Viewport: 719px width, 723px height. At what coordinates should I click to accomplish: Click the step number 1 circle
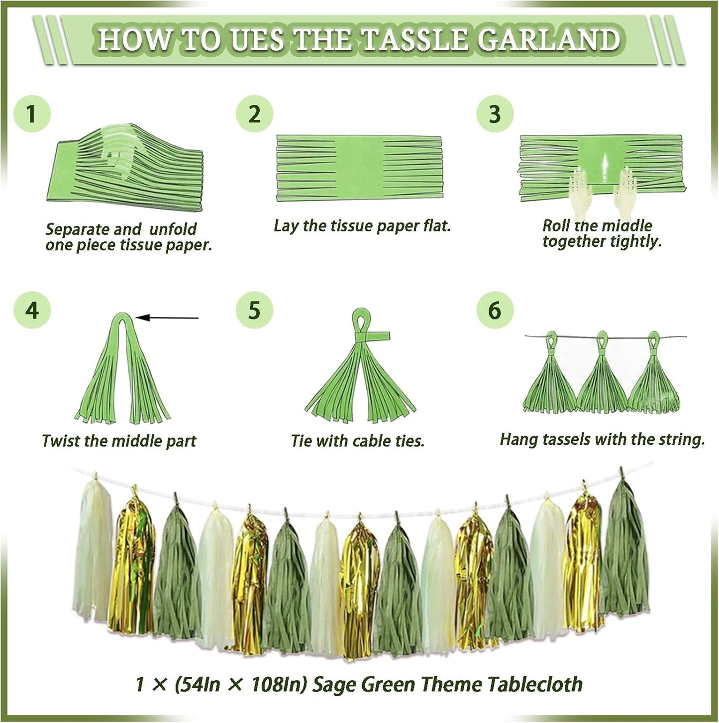click(x=32, y=113)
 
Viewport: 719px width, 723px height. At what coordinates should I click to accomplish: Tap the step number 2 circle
click(x=254, y=113)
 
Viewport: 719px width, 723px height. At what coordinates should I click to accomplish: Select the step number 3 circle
click(x=495, y=113)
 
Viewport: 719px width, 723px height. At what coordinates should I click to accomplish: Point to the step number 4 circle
click(x=32, y=310)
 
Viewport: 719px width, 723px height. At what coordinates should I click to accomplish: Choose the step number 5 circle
click(x=254, y=310)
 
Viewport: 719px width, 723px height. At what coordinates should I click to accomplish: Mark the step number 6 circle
click(x=495, y=310)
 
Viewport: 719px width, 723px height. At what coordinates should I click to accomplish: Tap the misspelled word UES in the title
click(x=257, y=40)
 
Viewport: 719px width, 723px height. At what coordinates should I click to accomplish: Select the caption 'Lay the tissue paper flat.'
click(x=362, y=226)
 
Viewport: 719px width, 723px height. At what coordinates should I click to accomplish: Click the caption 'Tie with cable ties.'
click(x=357, y=441)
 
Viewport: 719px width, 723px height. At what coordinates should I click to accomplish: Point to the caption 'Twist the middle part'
click(x=119, y=441)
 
